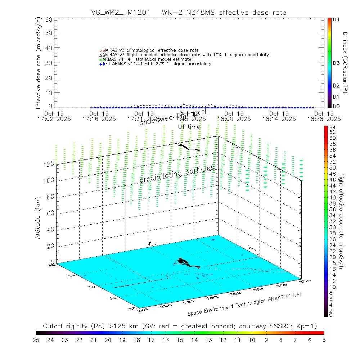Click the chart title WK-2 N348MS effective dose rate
pos(224,13)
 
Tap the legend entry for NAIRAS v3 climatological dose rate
pos(150,50)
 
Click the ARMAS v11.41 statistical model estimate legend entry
pos(147,59)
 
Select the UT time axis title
pos(189,127)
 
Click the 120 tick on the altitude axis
pos(49,163)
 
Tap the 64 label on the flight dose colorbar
pos(333,127)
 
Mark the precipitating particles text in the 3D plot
pos(177,175)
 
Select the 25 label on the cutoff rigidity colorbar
pos(36,339)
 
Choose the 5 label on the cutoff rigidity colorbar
pos(324,339)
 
